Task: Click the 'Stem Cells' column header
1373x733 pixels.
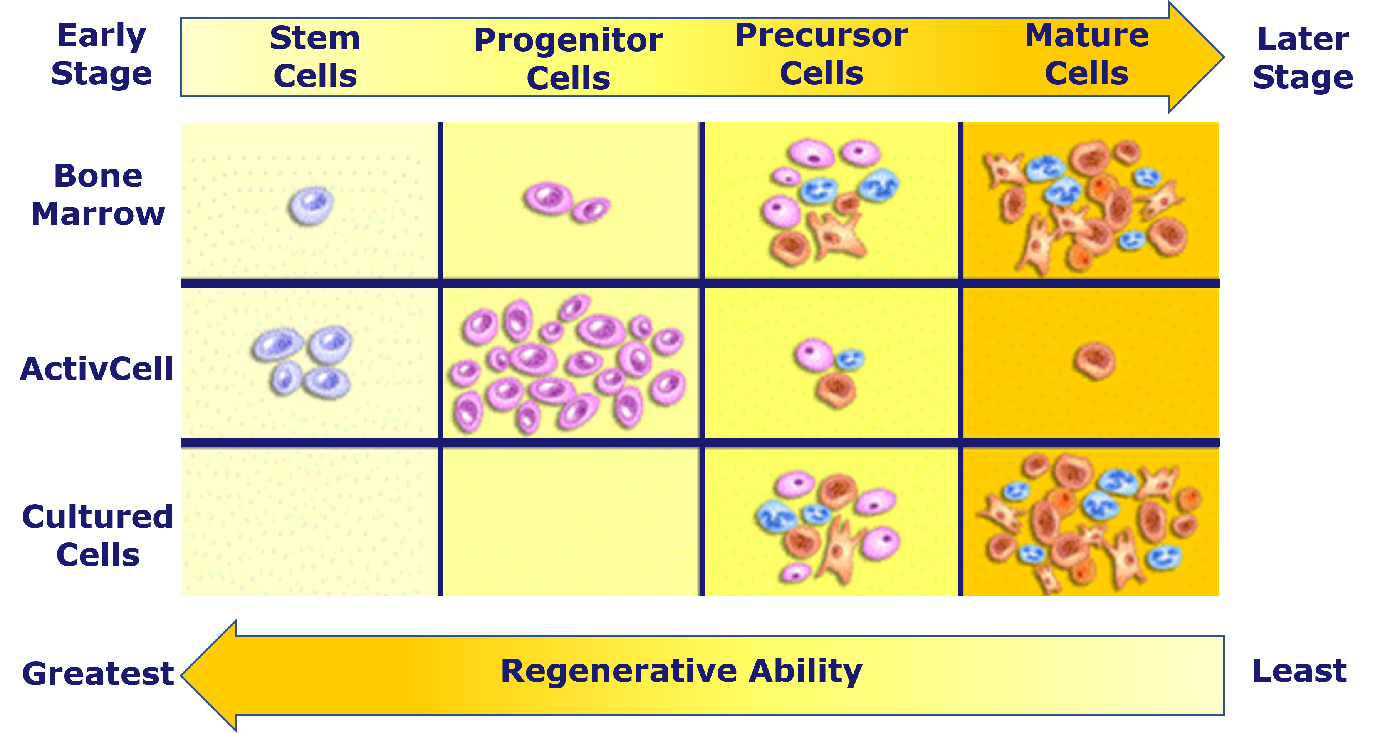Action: pos(315,57)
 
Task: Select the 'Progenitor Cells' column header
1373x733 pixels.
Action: pos(568,59)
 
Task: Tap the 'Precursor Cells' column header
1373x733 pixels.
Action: pos(821,54)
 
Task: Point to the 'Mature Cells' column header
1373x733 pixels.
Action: pos(1087,54)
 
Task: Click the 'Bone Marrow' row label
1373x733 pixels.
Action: pos(98,194)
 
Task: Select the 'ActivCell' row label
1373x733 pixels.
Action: pos(96,369)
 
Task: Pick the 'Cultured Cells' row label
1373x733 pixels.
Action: pos(97,536)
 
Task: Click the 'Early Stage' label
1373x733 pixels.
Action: pos(101,54)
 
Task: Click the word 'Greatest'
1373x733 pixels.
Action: pos(98,673)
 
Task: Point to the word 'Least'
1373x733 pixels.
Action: pos(1299,671)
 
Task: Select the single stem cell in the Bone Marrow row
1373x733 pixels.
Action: pos(311,206)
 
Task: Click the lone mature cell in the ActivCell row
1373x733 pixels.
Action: pos(1095,361)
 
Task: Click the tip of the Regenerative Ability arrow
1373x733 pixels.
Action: pos(182,676)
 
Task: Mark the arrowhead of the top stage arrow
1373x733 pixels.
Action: pos(1196,57)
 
